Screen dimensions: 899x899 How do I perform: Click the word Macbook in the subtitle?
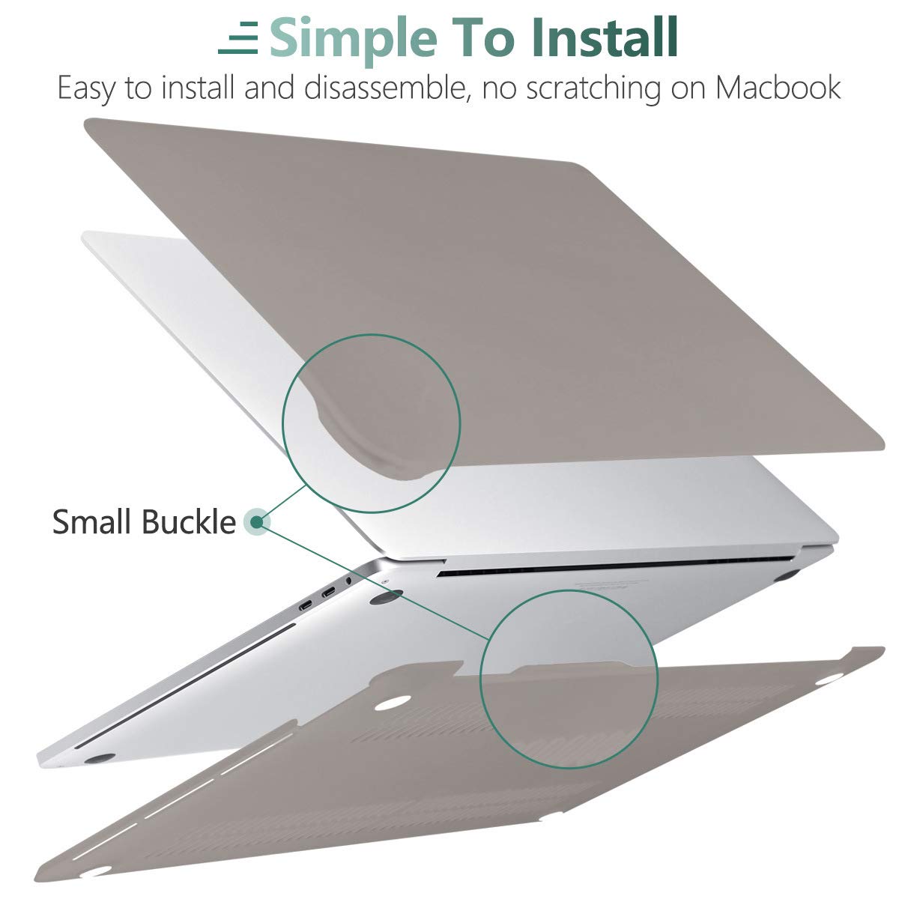[778, 88]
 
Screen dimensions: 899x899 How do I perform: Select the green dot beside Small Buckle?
[257, 521]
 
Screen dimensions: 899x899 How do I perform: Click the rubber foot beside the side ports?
[386, 596]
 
